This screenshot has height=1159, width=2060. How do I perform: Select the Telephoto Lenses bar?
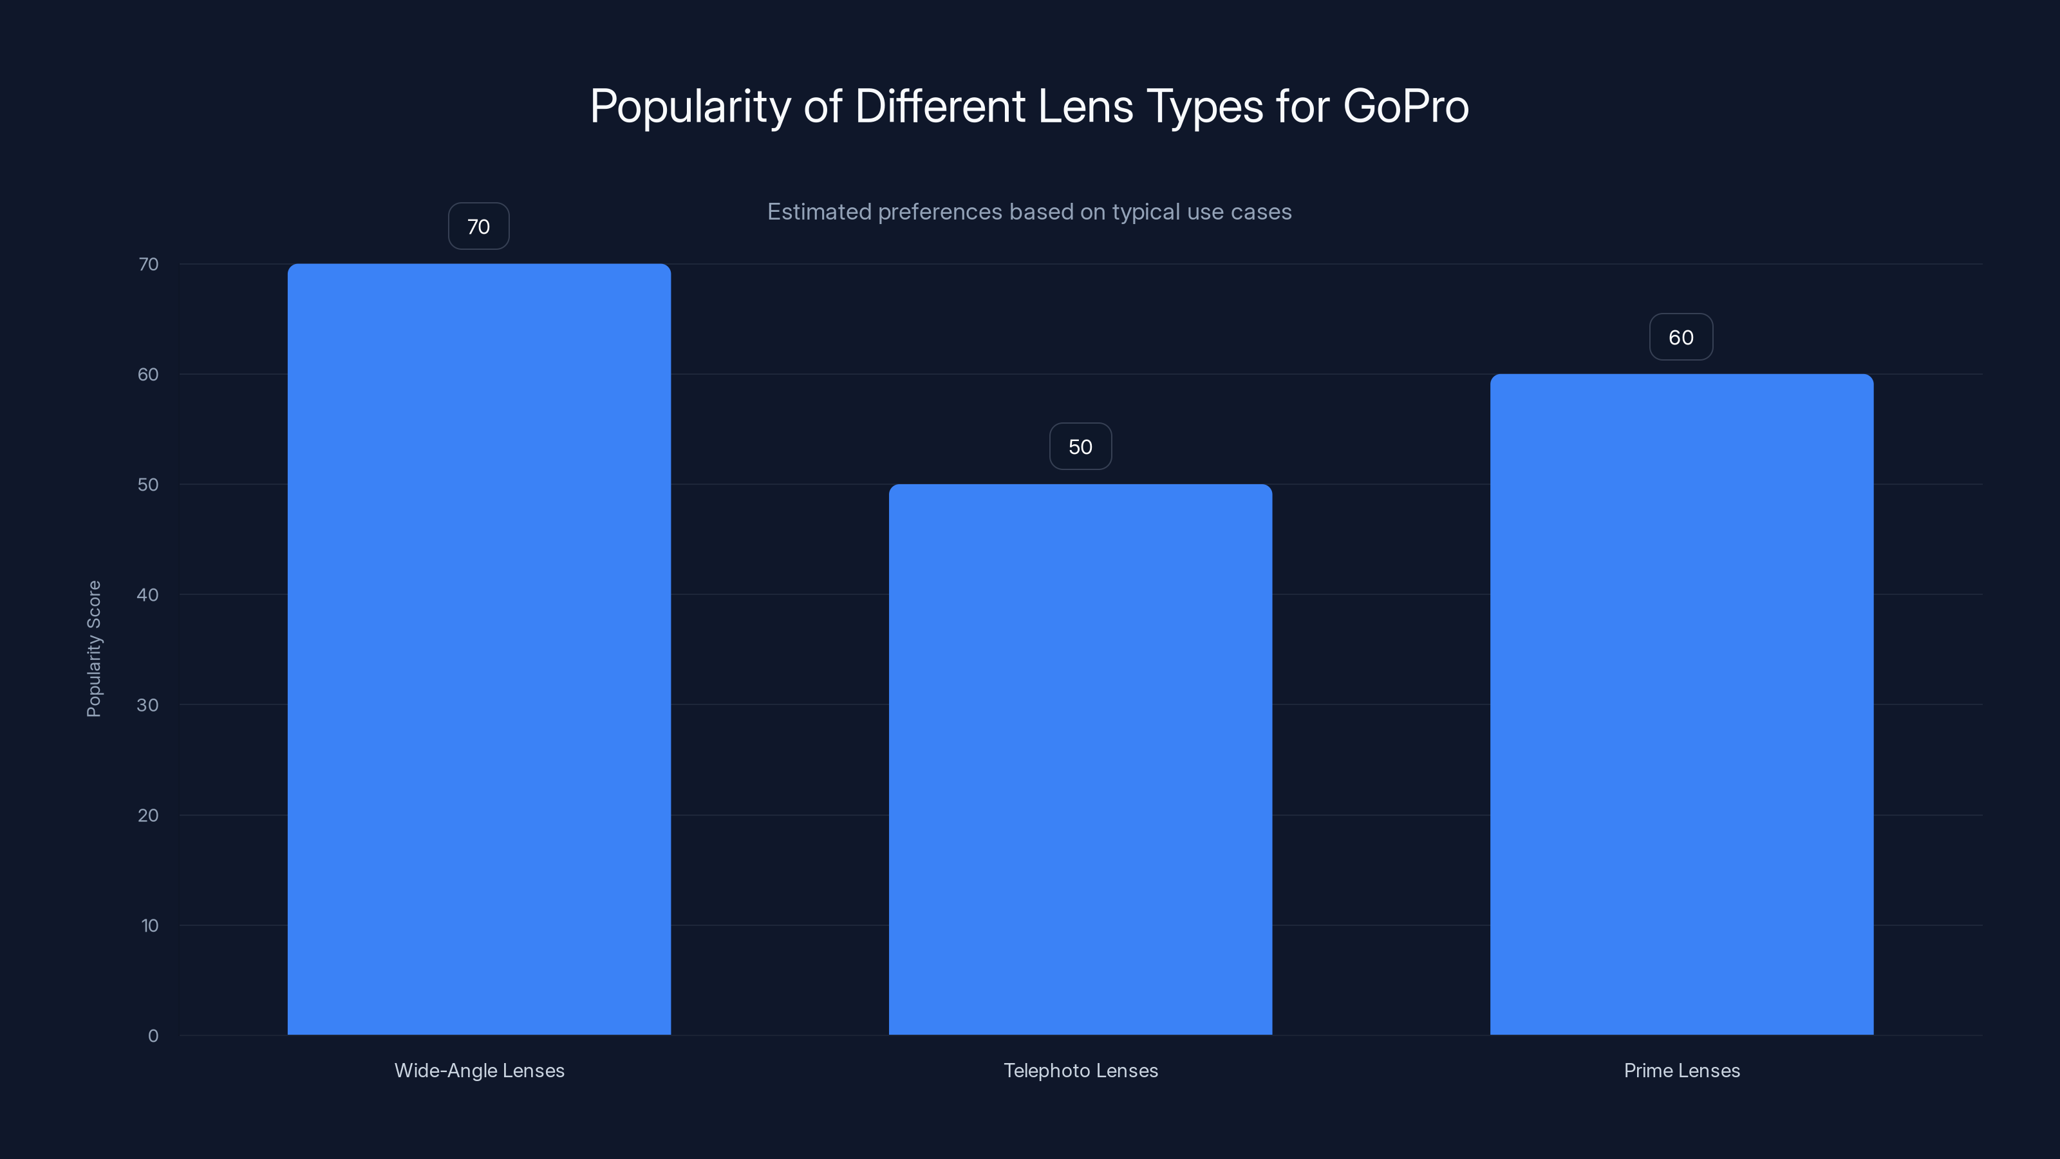1080,759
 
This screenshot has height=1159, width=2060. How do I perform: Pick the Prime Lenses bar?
1681,704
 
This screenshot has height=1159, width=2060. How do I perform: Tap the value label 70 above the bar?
478,227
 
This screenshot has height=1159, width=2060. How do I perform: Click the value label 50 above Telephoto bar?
1080,446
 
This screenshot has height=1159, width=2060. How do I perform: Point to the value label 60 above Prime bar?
1681,337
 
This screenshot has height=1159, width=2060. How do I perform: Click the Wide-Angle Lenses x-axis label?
479,1070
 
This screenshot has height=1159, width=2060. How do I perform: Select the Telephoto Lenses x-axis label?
1080,1070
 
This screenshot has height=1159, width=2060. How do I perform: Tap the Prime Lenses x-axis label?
1681,1070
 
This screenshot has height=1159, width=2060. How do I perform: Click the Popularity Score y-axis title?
93,648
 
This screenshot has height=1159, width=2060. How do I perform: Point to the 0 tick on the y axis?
153,1036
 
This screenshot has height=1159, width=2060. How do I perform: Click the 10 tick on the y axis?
149,925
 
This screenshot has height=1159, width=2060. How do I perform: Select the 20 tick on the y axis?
148,815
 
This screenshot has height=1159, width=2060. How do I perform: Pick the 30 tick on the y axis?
148,704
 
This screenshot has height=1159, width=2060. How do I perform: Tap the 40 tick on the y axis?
148,594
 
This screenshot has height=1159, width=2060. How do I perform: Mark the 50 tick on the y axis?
148,484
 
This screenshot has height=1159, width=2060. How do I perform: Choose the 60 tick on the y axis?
148,374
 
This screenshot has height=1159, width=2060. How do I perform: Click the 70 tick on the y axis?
148,264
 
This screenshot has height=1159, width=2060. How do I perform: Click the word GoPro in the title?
1405,106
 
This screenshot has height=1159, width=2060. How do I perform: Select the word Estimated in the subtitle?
819,212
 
